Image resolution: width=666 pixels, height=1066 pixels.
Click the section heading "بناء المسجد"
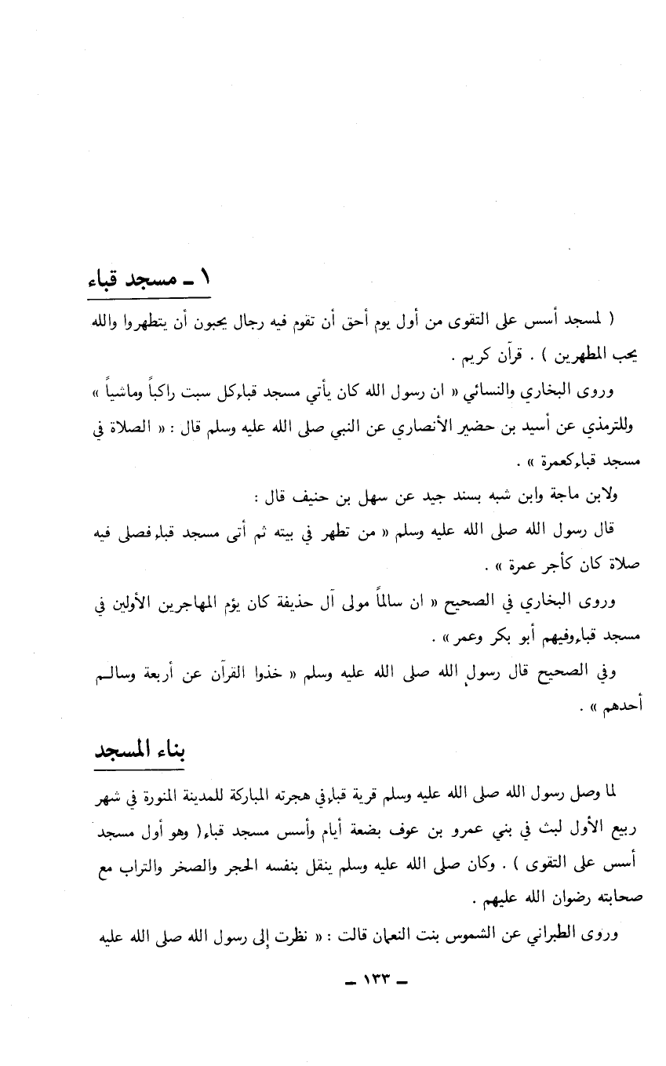click(x=138, y=753)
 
